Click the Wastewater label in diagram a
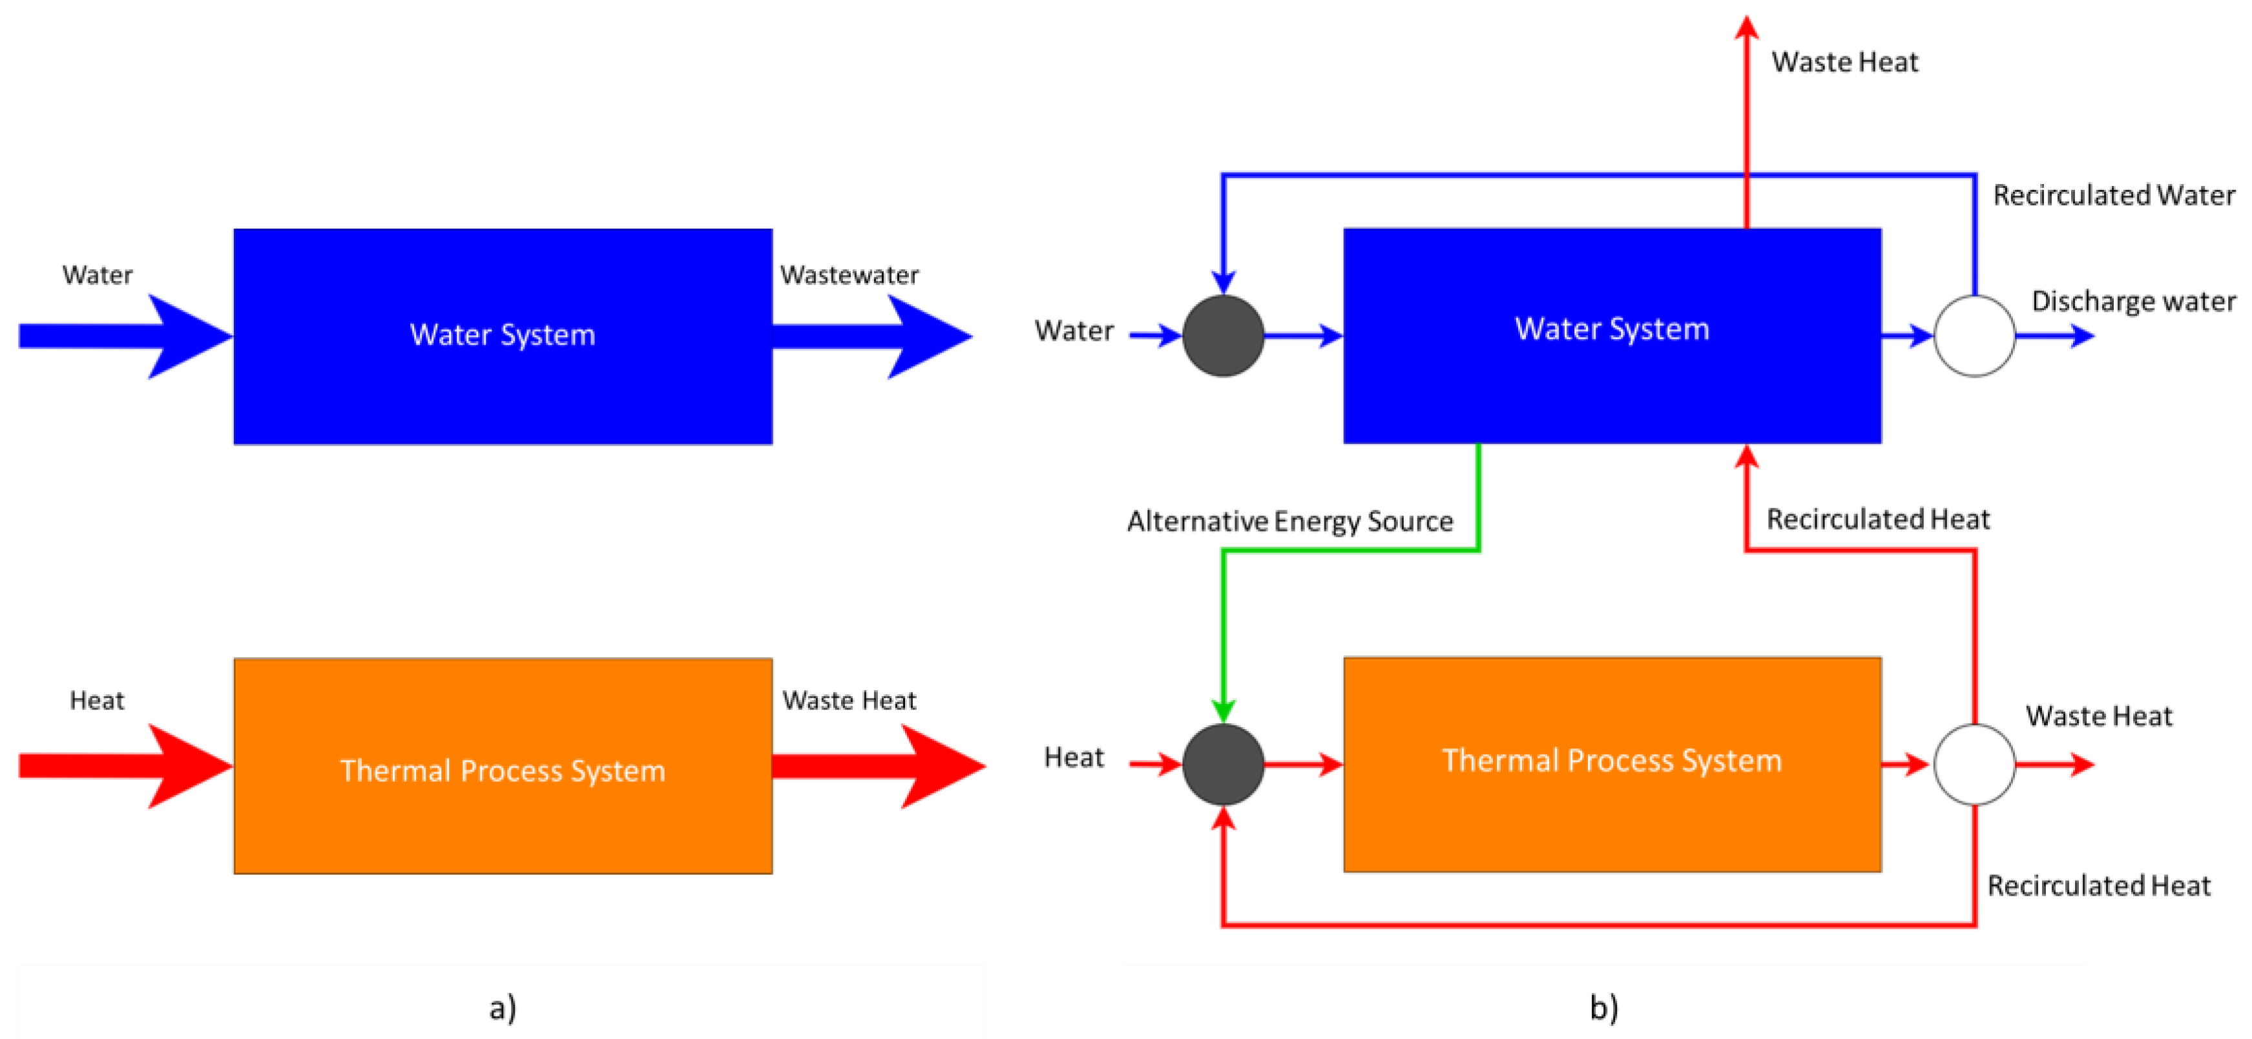click(849, 275)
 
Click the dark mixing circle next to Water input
click(1222, 336)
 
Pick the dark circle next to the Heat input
click(1222, 764)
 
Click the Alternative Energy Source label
click(1289, 521)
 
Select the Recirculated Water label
click(2113, 195)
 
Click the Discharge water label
click(2132, 302)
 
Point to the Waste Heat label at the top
click(1844, 62)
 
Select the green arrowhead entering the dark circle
click(1222, 710)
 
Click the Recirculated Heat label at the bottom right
click(2098, 886)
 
